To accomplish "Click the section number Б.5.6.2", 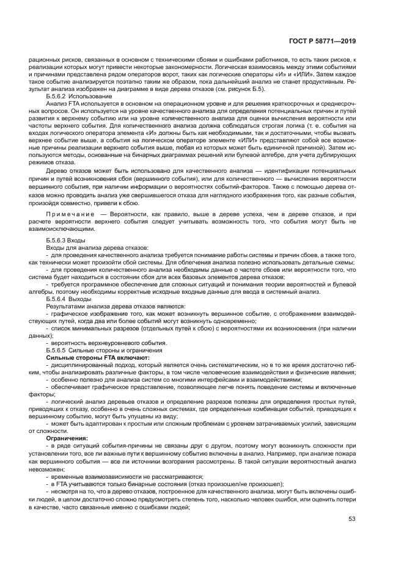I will click(57, 97).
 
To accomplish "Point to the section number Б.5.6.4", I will click(57, 299).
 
